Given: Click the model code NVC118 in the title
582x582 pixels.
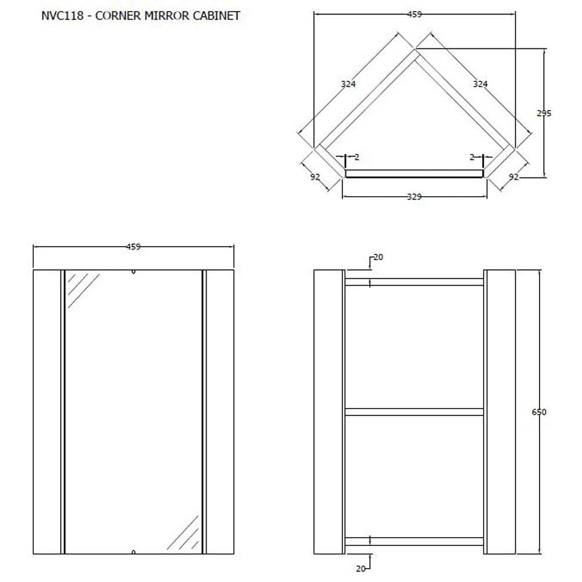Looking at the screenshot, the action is (x=62, y=16).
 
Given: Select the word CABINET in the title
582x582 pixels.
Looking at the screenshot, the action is (x=217, y=16).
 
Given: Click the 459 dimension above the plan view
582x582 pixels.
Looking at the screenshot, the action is (x=414, y=14).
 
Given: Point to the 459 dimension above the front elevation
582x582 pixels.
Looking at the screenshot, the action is (x=133, y=246).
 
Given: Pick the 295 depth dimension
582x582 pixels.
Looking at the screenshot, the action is (x=544, y=113).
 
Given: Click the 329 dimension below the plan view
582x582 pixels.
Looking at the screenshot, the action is (x=414, y=197).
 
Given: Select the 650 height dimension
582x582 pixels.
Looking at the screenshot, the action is (x=539, y=412).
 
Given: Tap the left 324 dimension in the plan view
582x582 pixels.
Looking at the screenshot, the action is (x=348, y=84).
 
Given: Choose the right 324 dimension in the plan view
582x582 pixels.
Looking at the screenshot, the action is (x=480, y=84).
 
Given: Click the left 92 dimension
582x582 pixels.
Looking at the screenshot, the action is (x=315, y=177).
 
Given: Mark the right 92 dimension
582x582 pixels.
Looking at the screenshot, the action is (x=514, y=177).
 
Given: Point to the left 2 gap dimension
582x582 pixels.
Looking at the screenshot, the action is (x=357, y=157).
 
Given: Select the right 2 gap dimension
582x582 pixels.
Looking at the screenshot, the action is (x=472, y=157).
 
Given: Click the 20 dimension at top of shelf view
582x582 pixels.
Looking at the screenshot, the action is (x=378, y=257).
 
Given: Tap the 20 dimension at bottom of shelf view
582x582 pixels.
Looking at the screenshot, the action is (x=361, y=568).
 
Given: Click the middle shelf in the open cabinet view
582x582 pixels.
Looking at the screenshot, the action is (x=414, y=411).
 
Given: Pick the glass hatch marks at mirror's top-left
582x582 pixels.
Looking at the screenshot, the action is (x=83, y=290).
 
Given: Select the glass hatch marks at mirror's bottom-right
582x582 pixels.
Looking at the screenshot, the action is (x=183, y=533).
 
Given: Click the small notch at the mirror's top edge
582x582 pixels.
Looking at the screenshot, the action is (x=133, y=272).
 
